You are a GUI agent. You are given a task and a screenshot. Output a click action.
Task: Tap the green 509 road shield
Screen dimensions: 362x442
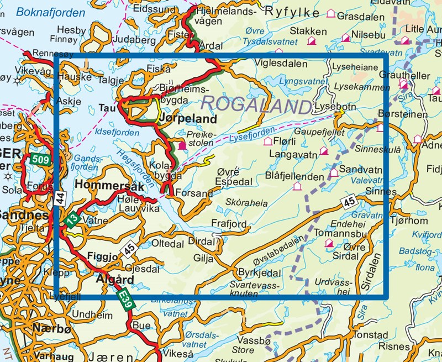pyautogui.click(x=39, y=160)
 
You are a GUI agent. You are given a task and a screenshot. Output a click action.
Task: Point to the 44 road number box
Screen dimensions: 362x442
pyautogui.click(x=59, y=196)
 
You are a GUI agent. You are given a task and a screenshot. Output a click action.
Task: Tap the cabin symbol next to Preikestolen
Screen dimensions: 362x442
pyautogui.click(x=182, y=145)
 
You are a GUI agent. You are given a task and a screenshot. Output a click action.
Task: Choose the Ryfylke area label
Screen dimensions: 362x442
pyautogui.click(x=293, y=12)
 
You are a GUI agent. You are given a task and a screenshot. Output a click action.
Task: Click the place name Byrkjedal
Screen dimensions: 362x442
pyautogui.click(x=259, y=273)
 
